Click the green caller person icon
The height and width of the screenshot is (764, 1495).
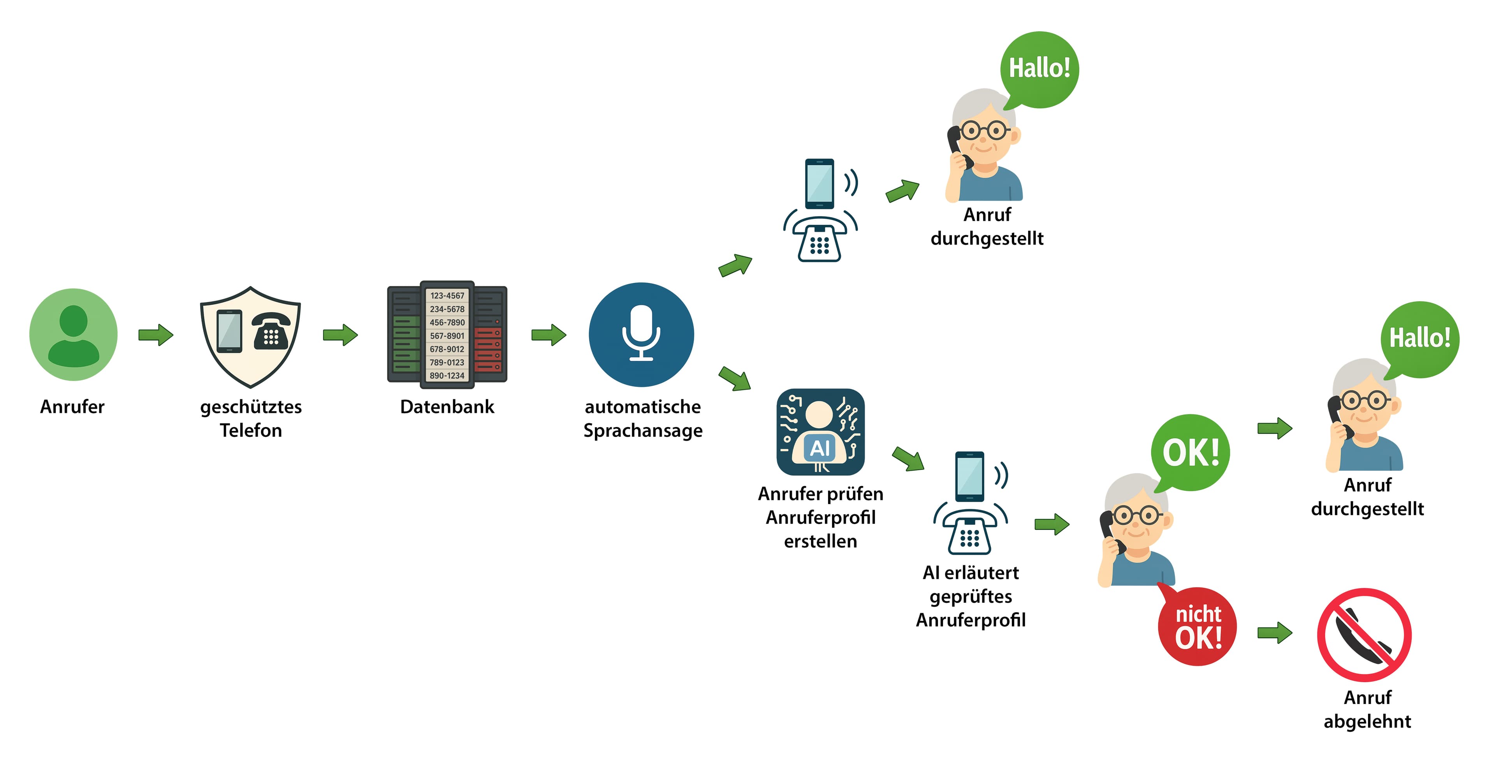coord(73,335)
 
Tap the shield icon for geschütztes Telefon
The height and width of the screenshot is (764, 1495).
coord(250,337)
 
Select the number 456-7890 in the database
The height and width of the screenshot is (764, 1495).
coord(447,322)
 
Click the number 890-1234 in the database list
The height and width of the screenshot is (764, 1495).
coord(447,376)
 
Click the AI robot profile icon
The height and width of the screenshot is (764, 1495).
coord(820,432)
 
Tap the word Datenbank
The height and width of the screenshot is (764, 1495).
coord(447,406)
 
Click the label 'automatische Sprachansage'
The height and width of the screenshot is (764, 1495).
coord(642,418)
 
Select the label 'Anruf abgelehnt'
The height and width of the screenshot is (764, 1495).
coord(1367,709)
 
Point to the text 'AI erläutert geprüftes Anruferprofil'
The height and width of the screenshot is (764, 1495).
coord(970,596)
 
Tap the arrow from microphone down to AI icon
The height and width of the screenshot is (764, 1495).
coord(735,379)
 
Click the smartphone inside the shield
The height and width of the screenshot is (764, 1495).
coord(229,331)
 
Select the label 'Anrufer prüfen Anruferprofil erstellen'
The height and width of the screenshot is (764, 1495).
coord(820,517)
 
